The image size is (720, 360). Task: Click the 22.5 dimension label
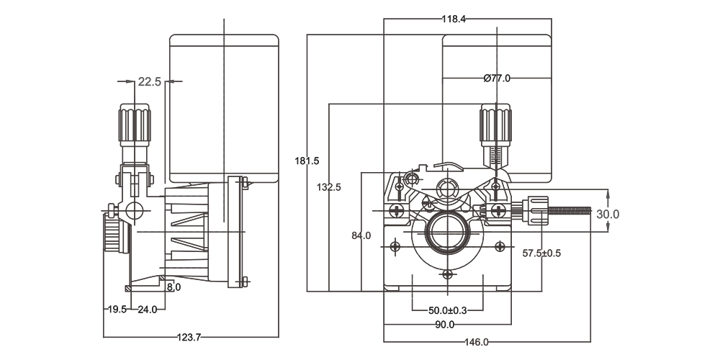tap(150, 82)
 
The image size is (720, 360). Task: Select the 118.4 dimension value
tap(454, 19)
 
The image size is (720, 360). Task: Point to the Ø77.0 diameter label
tap(497, 78)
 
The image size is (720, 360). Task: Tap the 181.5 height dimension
tap(307, 161)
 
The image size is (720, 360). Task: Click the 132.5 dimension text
tap(329, 186)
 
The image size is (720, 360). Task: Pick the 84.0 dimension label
tap(361, 235)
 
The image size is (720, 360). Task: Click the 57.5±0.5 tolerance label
tap(541, 253)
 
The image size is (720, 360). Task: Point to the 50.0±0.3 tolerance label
tap(447, 310)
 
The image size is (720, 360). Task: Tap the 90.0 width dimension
tap(445, 325)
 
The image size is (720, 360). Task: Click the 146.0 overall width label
tap(476, 342)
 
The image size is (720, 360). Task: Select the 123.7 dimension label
tap(189, 337)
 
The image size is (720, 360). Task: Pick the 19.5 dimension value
tap(117, 309)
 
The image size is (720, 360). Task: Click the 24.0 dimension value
tap(147, 309)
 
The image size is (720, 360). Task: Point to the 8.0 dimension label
tap(174, 287)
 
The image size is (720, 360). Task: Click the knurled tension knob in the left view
tap(135, 123)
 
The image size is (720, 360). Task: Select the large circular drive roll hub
tap(448, 233)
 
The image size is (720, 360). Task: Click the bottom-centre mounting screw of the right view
tap(448, 274)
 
